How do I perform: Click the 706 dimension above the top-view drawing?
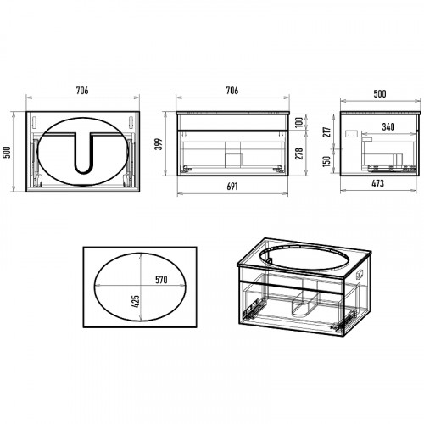point(82,91)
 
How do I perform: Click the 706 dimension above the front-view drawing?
point(232,91)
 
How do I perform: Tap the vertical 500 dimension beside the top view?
point(7,152)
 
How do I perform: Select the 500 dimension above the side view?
point(380,94)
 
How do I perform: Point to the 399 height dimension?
point(159,144)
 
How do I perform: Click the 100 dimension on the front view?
point(299,122)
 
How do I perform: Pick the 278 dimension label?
point(299,153)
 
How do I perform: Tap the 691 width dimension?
point(232,187)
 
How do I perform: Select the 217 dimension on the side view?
point(327,132)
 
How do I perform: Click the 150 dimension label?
point(326,161)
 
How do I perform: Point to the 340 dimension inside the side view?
point(388,127)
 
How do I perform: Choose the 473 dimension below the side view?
point(377,184)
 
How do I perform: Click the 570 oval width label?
point(161,280)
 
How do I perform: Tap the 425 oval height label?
point(136,302)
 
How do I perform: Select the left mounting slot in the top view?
point(35,120)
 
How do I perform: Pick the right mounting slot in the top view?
point(131,120)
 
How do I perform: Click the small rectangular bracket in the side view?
point(352,133)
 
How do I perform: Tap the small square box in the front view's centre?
point(233,159)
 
